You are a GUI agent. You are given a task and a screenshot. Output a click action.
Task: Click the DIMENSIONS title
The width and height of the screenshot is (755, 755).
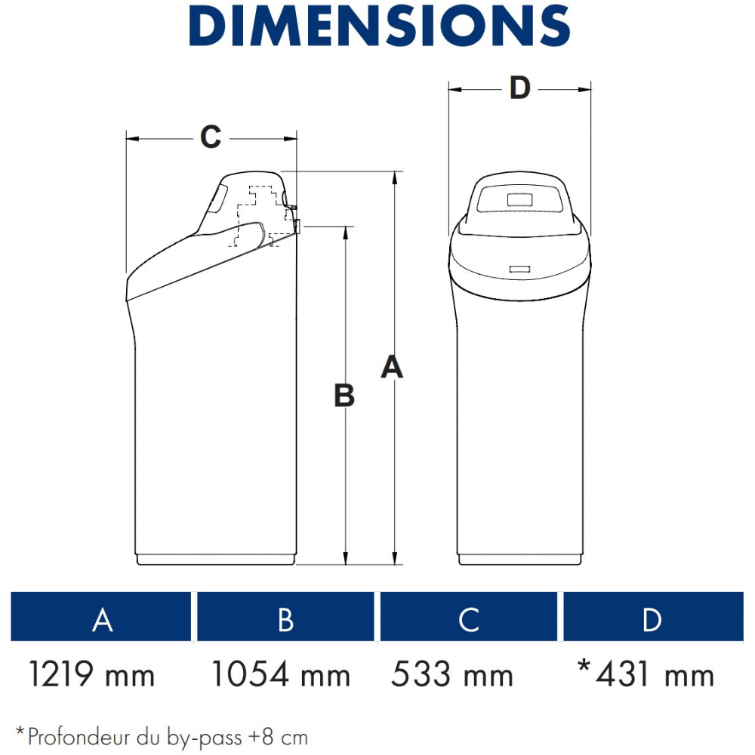(380, 26)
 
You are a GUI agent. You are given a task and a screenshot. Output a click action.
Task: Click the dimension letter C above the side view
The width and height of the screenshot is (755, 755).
(211, 137)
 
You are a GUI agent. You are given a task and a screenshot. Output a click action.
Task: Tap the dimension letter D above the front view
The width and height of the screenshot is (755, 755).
(520, 88)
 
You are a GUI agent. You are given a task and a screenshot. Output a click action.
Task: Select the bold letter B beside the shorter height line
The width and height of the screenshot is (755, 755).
(344, 396)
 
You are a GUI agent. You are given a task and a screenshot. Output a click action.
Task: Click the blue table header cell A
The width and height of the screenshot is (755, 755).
(101, 616)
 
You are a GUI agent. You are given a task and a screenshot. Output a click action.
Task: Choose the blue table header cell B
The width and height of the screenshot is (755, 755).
(285, 616)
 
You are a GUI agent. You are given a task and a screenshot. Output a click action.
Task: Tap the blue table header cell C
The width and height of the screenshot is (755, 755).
(469, 616)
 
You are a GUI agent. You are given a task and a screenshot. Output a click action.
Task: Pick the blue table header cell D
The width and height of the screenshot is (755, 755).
(653, 616)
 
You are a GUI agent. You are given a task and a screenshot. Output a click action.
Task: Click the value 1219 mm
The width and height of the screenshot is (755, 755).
(92, 674)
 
